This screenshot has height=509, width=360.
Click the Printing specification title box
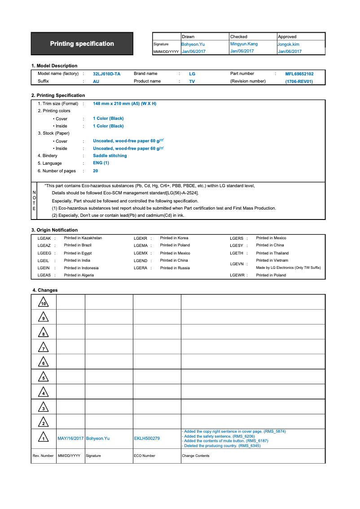82,44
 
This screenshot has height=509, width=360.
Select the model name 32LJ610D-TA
106,74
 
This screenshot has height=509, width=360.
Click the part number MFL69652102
299,74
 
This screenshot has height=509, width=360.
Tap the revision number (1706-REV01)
299,81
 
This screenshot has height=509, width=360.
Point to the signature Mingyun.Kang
244,44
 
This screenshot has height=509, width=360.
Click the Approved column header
287,36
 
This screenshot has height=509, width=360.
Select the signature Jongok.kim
289,44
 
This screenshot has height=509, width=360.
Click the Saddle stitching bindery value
110,156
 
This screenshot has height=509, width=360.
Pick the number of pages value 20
95,171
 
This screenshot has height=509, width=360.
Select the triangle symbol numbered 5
44,377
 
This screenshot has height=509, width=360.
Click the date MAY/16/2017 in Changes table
70,438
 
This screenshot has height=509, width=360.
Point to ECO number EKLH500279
146,438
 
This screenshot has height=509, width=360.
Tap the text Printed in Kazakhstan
83,238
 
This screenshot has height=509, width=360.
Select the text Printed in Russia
175,268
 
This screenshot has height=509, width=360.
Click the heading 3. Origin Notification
54,230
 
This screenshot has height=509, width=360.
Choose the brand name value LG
192,74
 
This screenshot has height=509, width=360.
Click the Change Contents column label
195,456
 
